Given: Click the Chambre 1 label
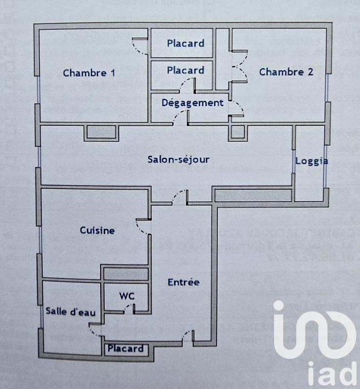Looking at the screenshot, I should tap(89, 73).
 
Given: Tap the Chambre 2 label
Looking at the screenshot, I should tap(286, 72).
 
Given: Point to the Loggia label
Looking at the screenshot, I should tap(311, 161).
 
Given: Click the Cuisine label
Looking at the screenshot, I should tap(97, 230).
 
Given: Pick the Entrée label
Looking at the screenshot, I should tap(183, 282).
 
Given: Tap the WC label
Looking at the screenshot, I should tap(127, 296).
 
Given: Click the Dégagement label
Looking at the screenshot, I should tap(193, 103).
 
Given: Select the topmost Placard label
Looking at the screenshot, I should tap(185, 43).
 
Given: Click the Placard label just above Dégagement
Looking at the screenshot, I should tap(185, 71).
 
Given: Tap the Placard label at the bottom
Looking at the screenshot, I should tap(126, 348).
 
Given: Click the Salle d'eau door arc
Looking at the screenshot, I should tap(95, 329).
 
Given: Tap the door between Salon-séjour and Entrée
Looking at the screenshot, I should tap(180, 196).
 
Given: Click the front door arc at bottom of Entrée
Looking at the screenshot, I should tap(187, 336).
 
